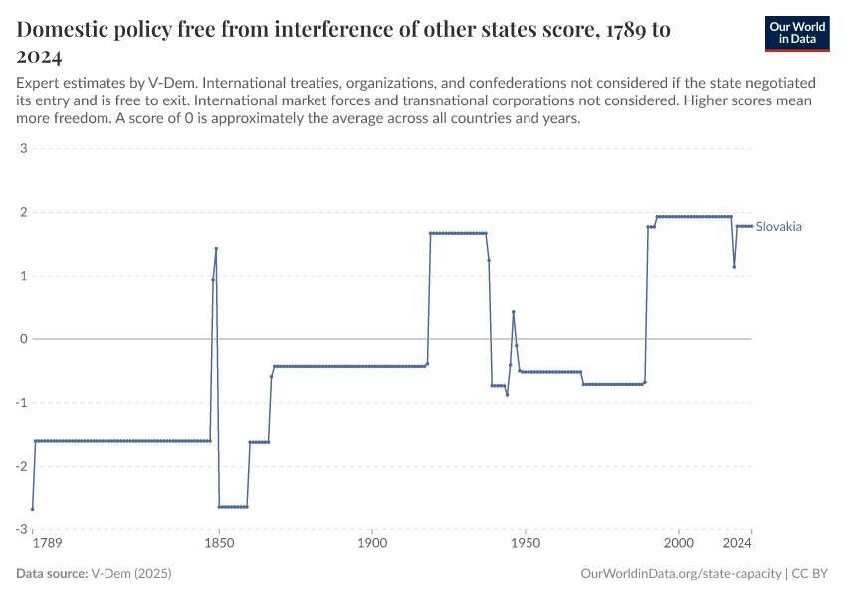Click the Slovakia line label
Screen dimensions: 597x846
click(778, 227)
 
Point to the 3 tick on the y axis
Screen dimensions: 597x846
click(22, 149)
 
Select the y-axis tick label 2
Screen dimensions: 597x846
click(22, 213)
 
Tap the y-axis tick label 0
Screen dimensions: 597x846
click(22, 339)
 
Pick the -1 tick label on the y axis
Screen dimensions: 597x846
click(19, 403)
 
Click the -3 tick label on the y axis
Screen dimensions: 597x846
click(19, 529)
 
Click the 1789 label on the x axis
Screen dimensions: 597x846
click(46, 544)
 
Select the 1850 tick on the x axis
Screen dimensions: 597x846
click(219, 544)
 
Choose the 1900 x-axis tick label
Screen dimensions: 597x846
click(371, 544)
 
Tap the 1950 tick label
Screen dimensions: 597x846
click(525, 544)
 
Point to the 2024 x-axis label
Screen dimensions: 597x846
click(737, 544)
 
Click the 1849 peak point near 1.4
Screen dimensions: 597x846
click(216, 249)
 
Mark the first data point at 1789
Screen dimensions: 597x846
click(33, 509)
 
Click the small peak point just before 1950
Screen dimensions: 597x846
click(513, 312)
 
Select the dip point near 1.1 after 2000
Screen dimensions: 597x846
click(734, 266)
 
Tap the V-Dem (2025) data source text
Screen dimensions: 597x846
click(131, 574)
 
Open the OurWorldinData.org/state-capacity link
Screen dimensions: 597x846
click(679, 574)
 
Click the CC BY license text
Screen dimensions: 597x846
click(810, 574)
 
